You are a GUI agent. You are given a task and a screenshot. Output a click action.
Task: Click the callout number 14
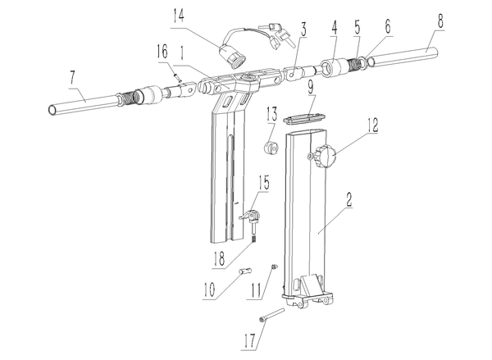(x=178, y=16)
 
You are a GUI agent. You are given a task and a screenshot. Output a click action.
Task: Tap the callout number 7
(x=73, y=77)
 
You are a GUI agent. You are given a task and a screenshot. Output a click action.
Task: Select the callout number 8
(x=440, y=21)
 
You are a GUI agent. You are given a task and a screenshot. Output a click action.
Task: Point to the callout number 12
(x=372, y=125)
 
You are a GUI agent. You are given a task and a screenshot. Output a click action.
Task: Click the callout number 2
(x=348, y=199)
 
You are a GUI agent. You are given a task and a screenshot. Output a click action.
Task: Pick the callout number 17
(x=250, y=341)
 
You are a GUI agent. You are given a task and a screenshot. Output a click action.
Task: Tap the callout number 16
(x=162, y=52)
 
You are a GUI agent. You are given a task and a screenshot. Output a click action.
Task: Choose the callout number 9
(x=310, y=88)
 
